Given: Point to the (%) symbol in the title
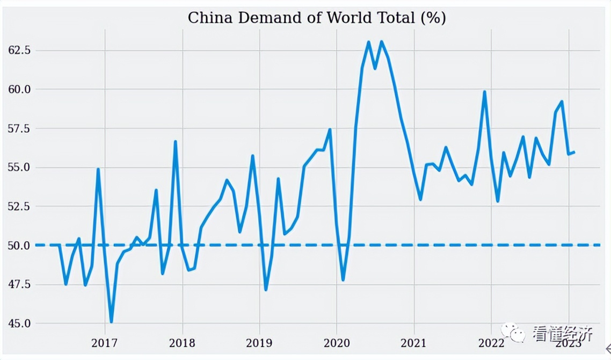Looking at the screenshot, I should click(x=433, y=18).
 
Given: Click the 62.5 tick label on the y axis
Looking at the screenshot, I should click(x=19, y=50).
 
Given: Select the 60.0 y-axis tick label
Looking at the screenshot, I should click(x=19, y=89).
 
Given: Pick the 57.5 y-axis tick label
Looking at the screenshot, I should click(x=19, y=128).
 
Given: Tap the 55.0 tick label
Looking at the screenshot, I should click(x=19, y=167).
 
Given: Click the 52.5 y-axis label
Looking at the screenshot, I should click(x=19, y=206).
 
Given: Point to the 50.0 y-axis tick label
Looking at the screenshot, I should click(x=19, y=246).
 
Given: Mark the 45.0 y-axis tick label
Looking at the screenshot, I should click(x=19, y=323).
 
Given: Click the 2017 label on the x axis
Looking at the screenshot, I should click(x=105, y=343).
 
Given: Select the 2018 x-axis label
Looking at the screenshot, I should click(x=183, y=343).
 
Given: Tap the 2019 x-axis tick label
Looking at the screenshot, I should click(x=260, y=343).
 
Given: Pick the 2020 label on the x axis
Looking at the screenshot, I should click(x=337, y=343).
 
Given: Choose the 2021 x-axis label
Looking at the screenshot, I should click(x=414, y=343).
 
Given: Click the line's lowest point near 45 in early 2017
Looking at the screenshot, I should click(x=111, y=321).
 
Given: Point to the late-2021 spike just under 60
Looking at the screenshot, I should click(x=484, y=92).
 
